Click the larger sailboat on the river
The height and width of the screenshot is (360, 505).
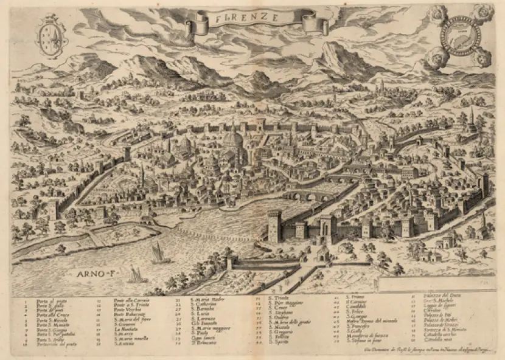[x=160, y=253]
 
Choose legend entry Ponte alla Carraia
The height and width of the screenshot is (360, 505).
[x=132, y=300]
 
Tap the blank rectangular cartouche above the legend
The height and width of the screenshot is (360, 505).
[x=435, y=283]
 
